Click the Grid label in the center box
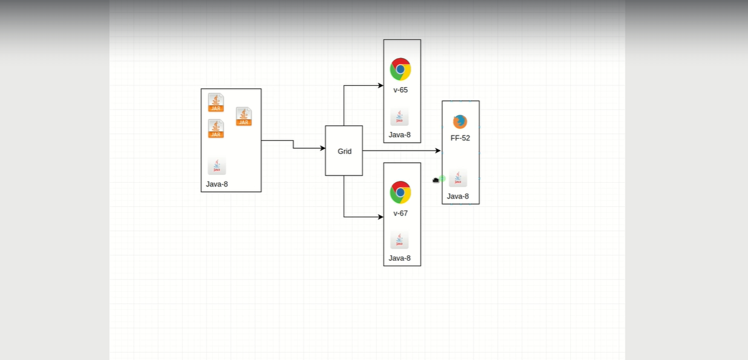click(x=344, y=151)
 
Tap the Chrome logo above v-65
click(x=400, y=69)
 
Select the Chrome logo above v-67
click(x=400, y=192)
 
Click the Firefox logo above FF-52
click(x=460, y=122)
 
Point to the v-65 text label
click(x=400, y=90)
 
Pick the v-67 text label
click(x=400, y=214)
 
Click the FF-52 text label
click(x=460, y=138)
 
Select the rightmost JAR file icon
click(x=243, y=116)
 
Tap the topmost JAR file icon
click(x=216, y=102)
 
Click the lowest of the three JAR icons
click(x=216, y=128)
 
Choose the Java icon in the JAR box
click(x=217, y=166)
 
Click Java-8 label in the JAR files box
click(x=217, y=184)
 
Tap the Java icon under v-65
click(x=399, y=117)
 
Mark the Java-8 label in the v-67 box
click(x=399, y=258)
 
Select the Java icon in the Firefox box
click(x=458, y=178)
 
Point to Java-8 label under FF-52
click(x=458, y=196)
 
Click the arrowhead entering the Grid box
click(x=323, y=148)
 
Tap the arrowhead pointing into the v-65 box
click(x=381, y=85)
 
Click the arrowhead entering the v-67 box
click(x=381, y=217)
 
